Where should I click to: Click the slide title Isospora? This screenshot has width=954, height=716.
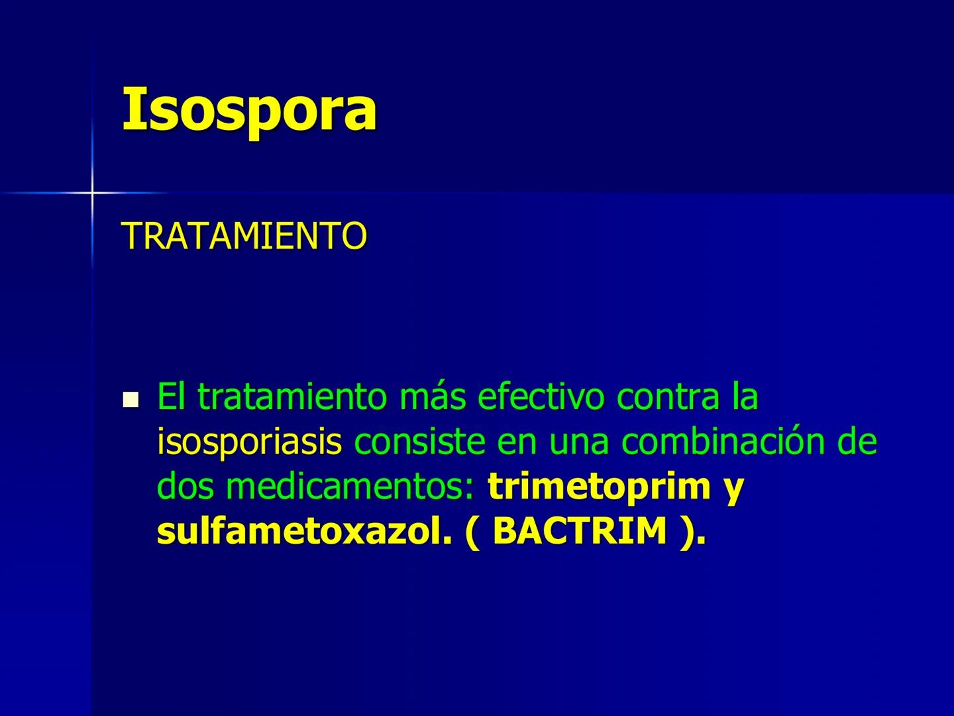click(x=249, y=109)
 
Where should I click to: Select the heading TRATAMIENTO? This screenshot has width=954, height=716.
click(x=244, y=235)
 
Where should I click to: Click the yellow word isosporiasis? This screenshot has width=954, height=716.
click(x=249, y=442)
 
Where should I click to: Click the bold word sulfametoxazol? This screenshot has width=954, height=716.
click(x=299, y=532)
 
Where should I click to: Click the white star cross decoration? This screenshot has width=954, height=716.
click(x=92, y=193)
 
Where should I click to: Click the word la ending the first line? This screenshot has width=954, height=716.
click(x=745, y=396)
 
